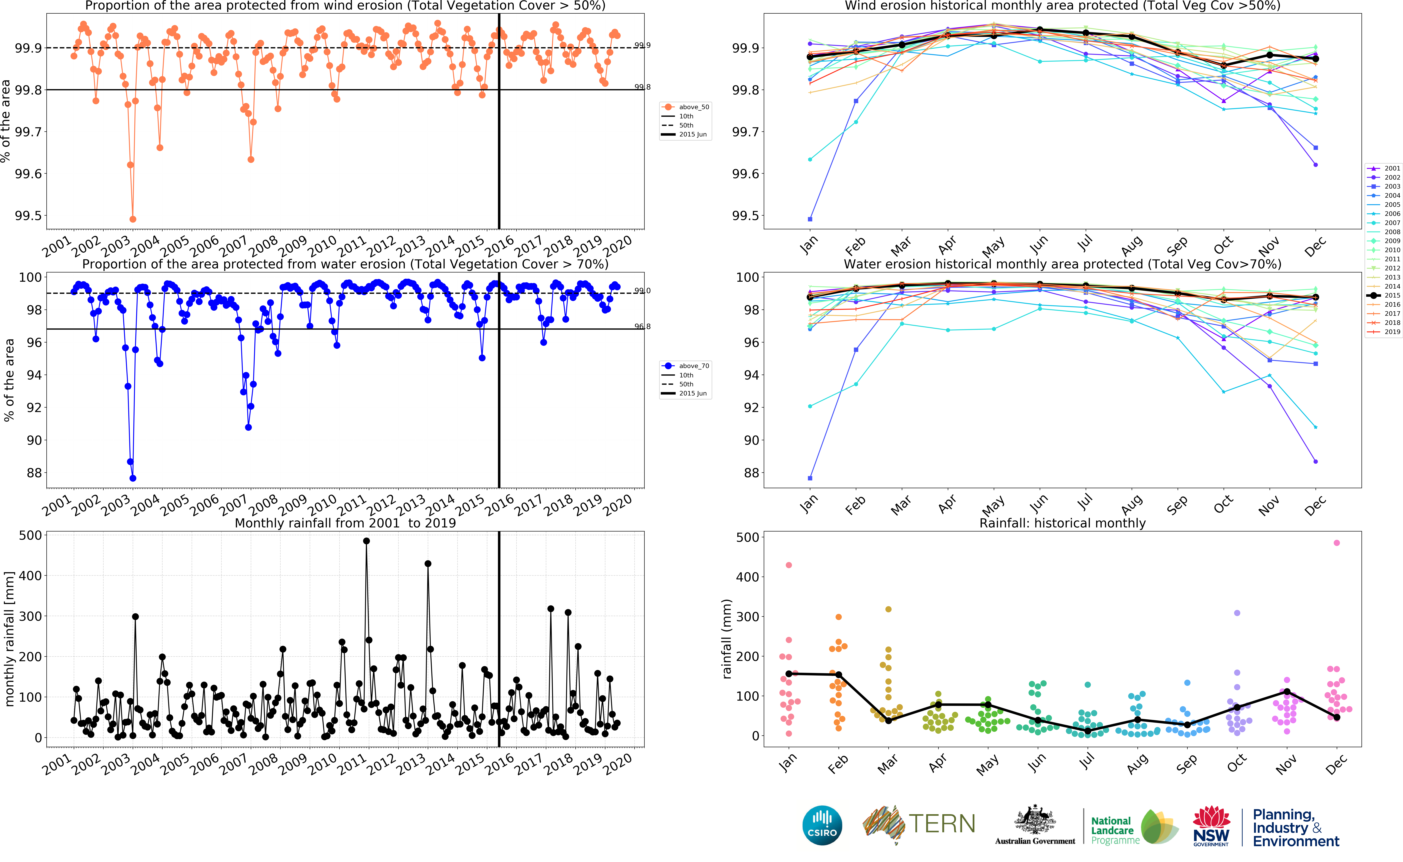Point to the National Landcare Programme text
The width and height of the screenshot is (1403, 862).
[x=1114, y=830]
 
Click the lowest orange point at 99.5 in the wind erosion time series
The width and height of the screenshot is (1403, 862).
[x=133, y=219]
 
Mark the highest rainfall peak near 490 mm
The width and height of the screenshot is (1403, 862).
[x=366, y=541]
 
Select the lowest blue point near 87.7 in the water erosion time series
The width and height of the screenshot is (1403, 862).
[x=133, y=478]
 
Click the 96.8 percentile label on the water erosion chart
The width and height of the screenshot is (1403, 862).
[x=642, y=327]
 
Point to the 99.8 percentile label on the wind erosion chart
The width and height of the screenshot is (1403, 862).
[x=642, y=87]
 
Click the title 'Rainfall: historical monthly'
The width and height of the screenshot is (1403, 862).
[x=1062, y=523]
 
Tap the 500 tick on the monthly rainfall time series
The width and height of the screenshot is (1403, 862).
[x=30, y=535]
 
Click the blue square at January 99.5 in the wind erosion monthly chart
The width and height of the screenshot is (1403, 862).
[x=810, y=219]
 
